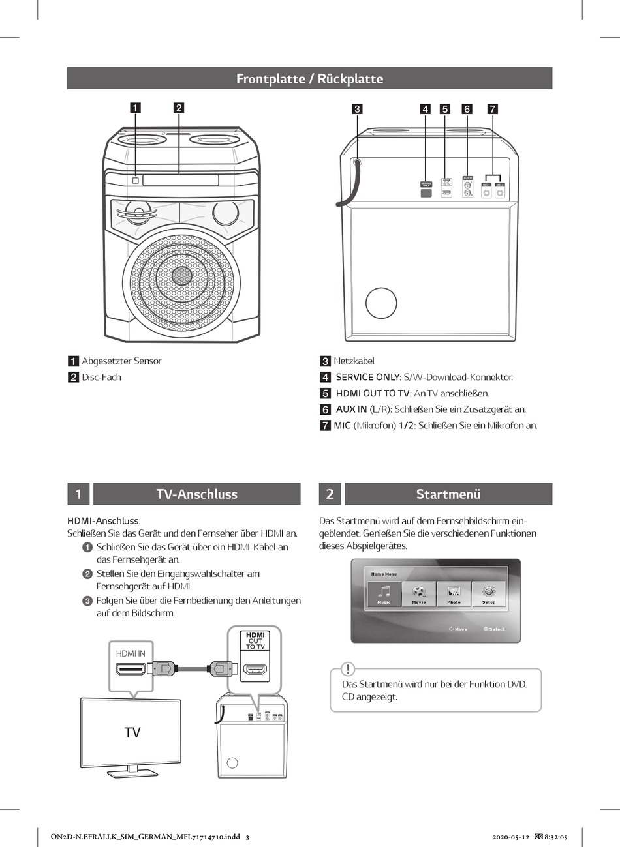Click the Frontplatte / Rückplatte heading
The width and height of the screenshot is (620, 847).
point(309,79)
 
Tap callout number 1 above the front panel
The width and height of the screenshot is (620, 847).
point(135,108)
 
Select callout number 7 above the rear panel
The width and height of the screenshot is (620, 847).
point(493,109)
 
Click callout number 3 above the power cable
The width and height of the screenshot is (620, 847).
point(357,109)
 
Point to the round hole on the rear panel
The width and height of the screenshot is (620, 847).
point(381,303)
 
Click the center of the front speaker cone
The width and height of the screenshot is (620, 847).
point(181,276)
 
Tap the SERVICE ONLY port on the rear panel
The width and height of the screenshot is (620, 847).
point(426,192)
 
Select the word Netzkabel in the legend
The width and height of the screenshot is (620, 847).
point(354,361)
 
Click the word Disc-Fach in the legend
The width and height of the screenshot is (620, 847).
point(101,378)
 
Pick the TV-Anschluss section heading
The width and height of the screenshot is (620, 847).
point(196,494)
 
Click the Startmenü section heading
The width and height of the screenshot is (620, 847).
point(448,494)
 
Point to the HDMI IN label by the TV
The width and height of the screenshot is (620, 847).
point(131,653)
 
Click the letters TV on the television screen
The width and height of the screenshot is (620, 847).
point(132,733)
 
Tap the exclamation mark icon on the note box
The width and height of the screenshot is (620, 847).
point(349,669)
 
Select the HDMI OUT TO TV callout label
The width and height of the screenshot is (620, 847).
point(255,640)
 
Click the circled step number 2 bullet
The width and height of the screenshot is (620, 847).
point(87,574)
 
